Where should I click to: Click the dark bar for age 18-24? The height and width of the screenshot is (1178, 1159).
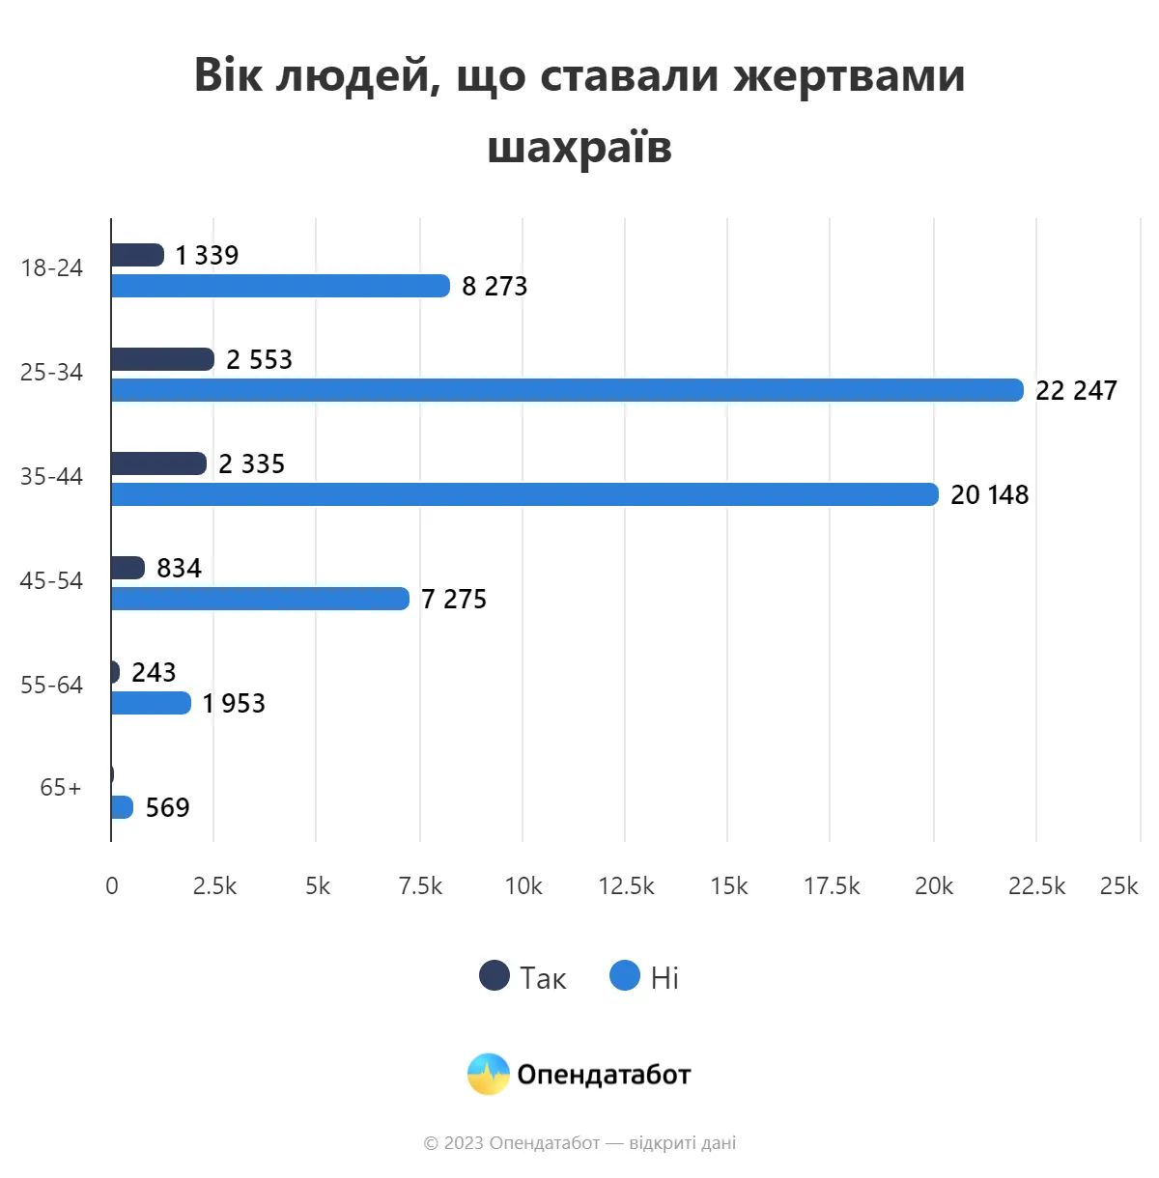click(x=137, y=255)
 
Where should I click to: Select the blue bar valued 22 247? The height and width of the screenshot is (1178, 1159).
click(x=567, y=390)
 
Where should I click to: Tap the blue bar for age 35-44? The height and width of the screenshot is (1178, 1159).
click(x=524, y=494)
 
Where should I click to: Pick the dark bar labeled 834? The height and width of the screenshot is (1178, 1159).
click(x=127, y=568)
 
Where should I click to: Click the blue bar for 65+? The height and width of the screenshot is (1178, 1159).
click(x=122, y=807)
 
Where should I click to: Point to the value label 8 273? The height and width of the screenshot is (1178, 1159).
click(x=495, y=287)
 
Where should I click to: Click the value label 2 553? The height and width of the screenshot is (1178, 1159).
click(x=259, y=360)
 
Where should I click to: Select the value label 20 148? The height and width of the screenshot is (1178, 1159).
click(x=989, y=495)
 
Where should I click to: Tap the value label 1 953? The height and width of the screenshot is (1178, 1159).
click(x=234, y=704)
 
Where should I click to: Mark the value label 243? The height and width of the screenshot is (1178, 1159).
click(x=154, y=673)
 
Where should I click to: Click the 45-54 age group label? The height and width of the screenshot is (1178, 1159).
click(x=52, y=581)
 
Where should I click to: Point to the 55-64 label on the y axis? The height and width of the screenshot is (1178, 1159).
click(x=52, y=686)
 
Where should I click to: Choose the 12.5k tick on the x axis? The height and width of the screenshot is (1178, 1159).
click(x=626, y=886)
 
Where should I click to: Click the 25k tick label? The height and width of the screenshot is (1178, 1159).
click(x=1118, y=886)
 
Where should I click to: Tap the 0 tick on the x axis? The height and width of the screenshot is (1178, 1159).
click(x=112, y=886)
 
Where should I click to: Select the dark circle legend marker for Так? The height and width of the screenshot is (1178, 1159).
click(x=495, y=976)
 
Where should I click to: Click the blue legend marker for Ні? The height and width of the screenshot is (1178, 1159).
click(x=625, y=976)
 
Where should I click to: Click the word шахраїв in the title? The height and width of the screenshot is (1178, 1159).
click(x=579, y=148)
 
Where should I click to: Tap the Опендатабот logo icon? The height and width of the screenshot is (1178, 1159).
click(x=488, y=1074)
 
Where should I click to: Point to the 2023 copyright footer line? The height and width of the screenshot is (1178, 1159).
click(x=579, y=1143)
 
